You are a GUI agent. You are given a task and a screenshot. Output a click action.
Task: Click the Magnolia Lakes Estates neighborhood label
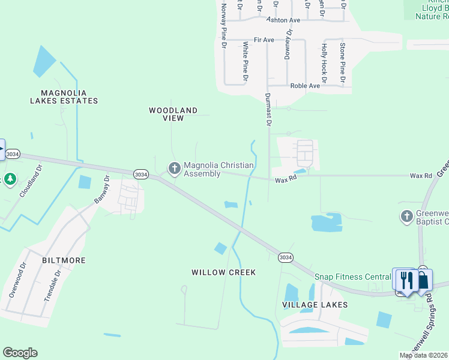(x=64, y=97)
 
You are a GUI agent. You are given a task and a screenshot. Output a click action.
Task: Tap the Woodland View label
(x=173, y=114)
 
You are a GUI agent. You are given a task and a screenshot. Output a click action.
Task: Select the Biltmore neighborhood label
(x=64, y=260)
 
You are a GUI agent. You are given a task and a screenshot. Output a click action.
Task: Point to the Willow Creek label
(x=223, y=272)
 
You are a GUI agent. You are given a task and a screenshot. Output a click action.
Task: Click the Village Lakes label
(x=315, y=305)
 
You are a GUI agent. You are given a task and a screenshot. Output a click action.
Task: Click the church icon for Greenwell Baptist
(x=406, y=215)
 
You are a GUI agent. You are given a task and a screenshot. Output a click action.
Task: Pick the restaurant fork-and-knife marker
(x=406, y=280)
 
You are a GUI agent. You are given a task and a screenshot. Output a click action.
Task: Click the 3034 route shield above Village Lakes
(x=286, y=257)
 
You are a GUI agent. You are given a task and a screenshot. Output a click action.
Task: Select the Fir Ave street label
(x=264, y=40)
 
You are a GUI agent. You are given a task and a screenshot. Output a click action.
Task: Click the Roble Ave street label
(x=305, y=86)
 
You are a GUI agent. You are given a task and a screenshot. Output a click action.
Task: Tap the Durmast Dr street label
(x=268, y=109)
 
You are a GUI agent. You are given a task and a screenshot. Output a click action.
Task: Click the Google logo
(x=20, y=353)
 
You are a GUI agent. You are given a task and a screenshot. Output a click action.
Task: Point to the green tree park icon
(x=10, y=179)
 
